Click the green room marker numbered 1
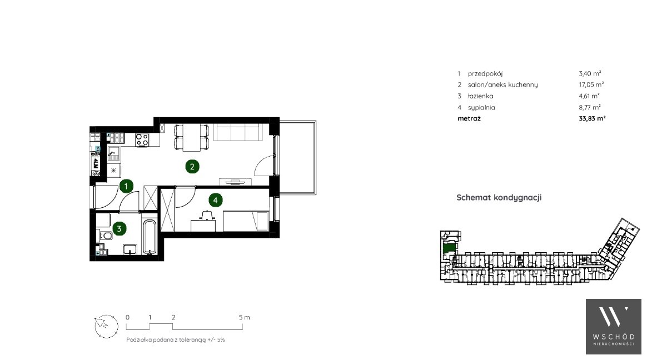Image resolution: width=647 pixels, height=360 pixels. point(126,186)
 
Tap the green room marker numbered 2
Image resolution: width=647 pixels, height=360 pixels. point(192,167)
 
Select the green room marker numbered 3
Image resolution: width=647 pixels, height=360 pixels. point(120,228)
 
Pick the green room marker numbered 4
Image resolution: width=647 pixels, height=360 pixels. point(216,201)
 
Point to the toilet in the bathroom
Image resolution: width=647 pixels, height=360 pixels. point(106,236)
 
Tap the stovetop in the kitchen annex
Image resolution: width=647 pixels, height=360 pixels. point(142,140)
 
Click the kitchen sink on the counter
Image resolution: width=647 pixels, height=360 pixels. point(113,154)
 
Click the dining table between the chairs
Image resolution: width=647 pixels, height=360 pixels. point(191,137)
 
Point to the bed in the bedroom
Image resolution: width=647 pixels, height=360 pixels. point(246,222)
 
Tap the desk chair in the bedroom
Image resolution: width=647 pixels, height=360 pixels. point(206,215)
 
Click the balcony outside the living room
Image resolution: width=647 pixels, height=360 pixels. point(298,158)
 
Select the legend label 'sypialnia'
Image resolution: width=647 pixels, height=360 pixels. point(481,108)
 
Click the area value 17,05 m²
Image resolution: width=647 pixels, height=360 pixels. point(591,84)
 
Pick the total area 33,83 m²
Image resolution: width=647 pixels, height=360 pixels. point(592,118)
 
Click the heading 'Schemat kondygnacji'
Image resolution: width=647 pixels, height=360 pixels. point(499,198)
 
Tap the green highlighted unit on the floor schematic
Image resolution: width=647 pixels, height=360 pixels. point(449,248)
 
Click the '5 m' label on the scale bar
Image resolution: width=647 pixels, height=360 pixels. point(244,318)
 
